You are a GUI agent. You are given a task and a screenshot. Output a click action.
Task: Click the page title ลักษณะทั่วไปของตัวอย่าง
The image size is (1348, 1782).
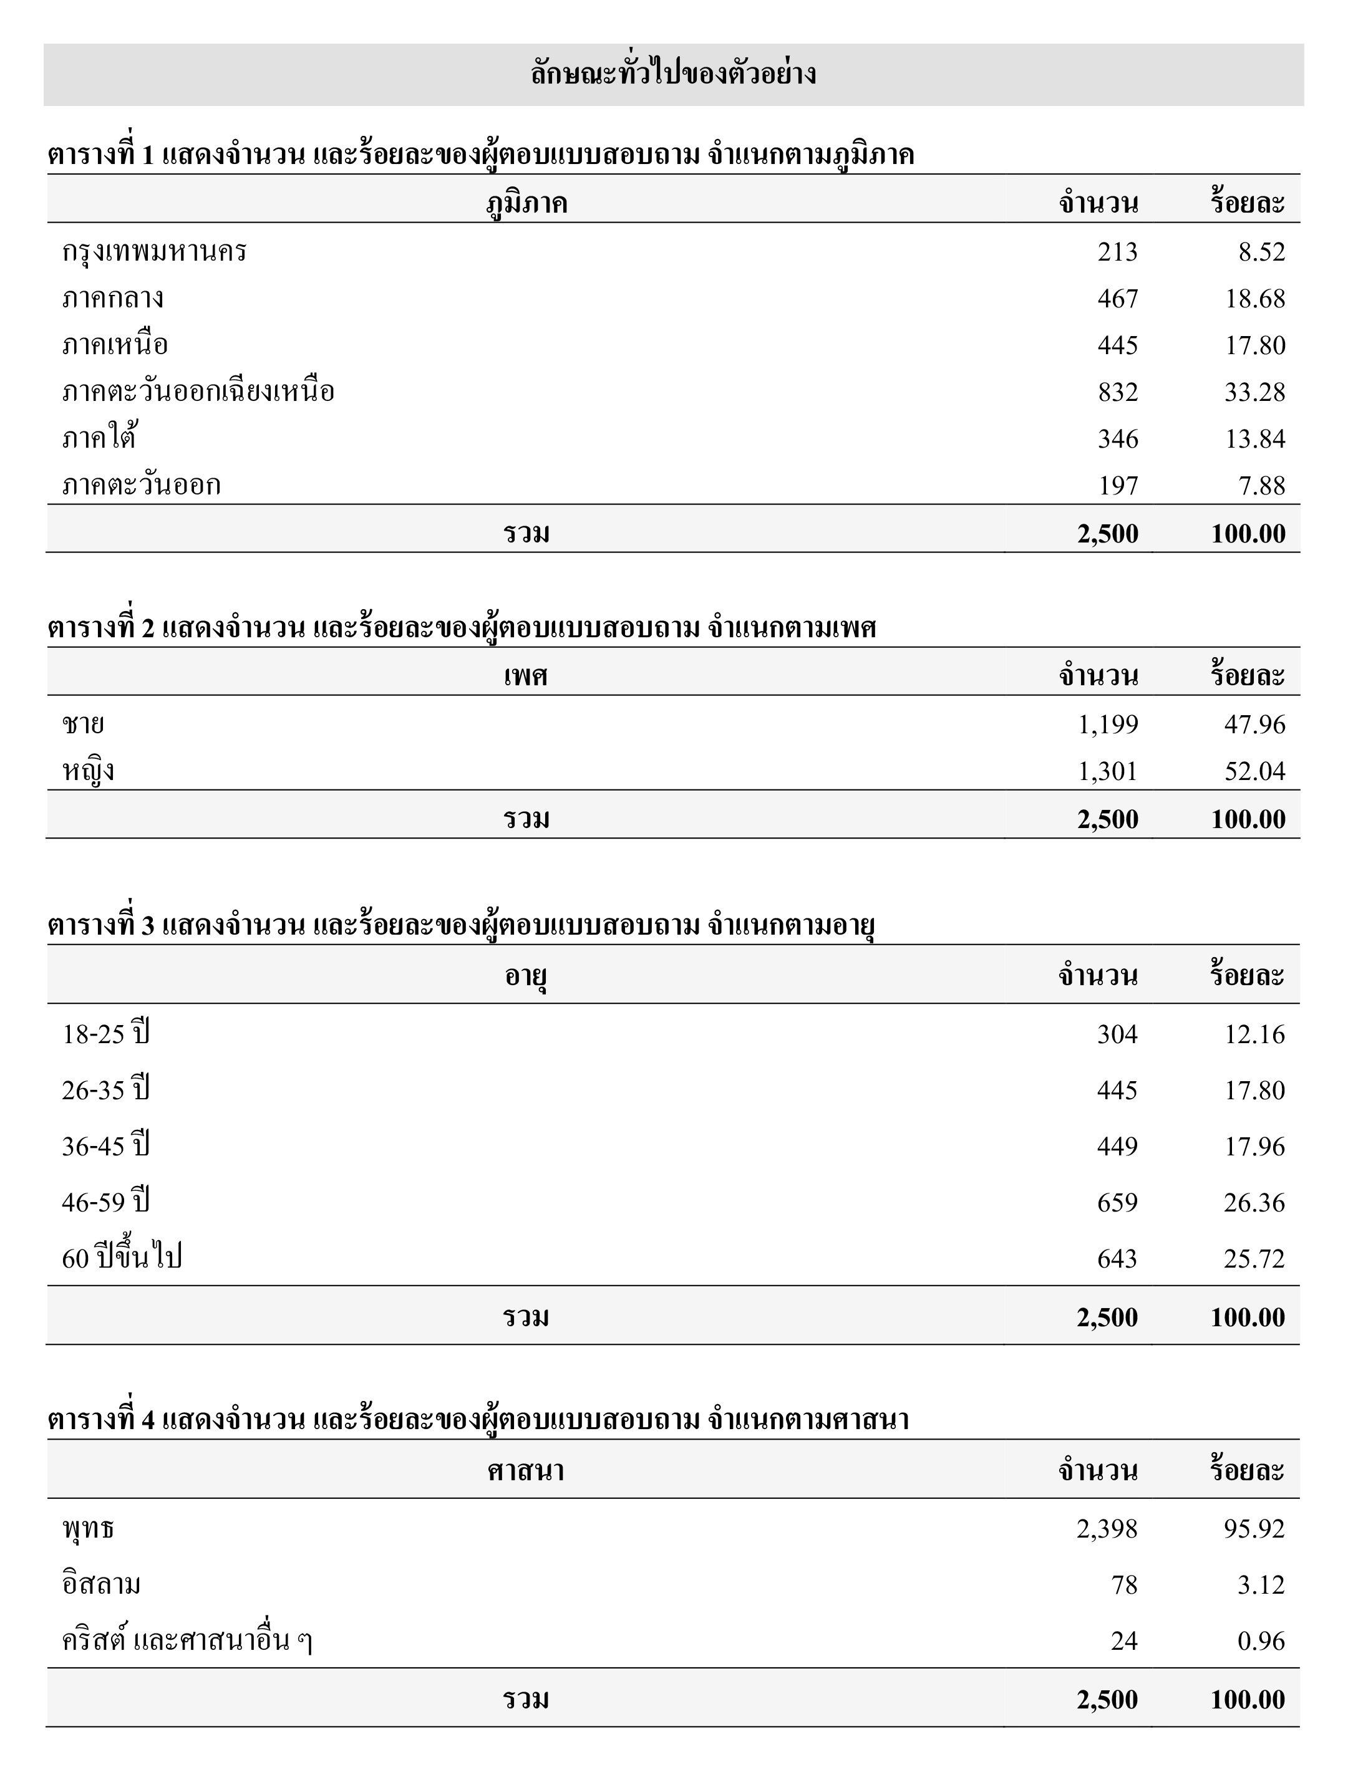[x=673, y=74]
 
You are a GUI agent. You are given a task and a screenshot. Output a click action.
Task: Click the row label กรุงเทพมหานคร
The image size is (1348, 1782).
[x=154, y=252]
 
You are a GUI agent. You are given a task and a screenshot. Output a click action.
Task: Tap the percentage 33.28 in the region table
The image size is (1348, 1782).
[x=1254, y=392]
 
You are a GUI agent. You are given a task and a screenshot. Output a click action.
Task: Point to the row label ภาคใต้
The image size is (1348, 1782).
[x=99, y=439]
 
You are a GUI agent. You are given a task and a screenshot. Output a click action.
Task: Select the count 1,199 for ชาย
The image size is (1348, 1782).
[x=1108, y=725]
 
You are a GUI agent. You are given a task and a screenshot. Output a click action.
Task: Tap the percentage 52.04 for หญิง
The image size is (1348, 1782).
[x=1254, y=771]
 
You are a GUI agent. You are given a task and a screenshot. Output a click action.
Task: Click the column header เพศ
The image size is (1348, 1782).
[x=525, y=675]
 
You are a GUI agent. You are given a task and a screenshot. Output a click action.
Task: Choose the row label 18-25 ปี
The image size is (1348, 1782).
[x=105, y=1034]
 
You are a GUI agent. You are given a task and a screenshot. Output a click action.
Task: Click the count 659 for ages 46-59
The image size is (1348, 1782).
[x=1117, y=1203]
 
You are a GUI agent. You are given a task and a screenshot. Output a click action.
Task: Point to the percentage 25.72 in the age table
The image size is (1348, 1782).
[x=1254, y=1258]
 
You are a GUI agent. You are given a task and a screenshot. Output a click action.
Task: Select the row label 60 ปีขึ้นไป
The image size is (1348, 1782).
[x=122, y=1258]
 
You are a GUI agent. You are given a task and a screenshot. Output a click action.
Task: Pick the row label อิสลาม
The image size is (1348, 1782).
[x=102, y=1584]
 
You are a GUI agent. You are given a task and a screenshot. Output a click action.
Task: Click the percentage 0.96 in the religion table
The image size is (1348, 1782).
[x=1261, y=1641]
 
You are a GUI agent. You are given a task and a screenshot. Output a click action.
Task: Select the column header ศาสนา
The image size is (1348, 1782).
[x=525, y=1470]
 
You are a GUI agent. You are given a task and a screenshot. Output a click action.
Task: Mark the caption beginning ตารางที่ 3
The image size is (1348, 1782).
[x=461, y=925]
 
